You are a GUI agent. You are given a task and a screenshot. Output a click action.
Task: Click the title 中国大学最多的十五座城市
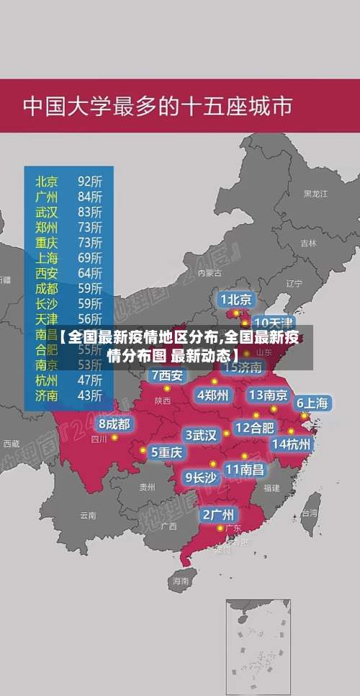[158, 106]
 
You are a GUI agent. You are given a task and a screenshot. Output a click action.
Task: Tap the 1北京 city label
[236, 299]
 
